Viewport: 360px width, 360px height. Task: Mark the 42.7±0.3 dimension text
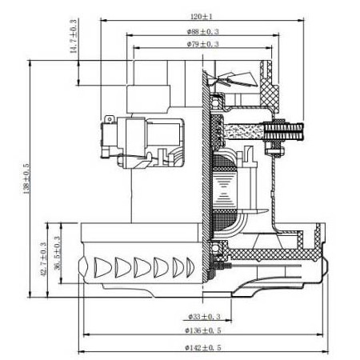point(43,260)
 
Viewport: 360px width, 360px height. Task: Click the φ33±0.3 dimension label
point(206,317)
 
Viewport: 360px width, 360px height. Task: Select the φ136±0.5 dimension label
point(206,330)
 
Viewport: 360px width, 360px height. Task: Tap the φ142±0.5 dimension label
point(206,347)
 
